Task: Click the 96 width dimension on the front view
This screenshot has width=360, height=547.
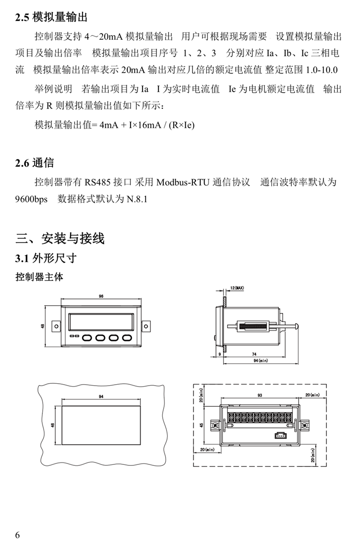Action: click(101, 296)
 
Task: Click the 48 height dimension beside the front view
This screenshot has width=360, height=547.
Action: click(43, 326)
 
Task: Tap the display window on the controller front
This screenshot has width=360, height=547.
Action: click(101, 322)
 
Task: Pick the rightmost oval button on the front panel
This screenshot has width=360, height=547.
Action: click(127, 338)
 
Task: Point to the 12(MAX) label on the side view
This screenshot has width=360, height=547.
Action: click(237, 288)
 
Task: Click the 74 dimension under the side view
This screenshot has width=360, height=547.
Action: click(254, 354)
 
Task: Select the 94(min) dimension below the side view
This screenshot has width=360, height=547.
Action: click(261, 360)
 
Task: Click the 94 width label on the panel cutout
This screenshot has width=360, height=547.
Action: click(101, 397)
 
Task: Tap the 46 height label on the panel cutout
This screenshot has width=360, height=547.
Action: click(53, 425)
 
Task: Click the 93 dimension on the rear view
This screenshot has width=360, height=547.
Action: click(260, 395)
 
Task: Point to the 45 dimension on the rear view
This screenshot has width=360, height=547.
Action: click(201, 425)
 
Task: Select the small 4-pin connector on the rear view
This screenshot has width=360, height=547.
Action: click(279, 435)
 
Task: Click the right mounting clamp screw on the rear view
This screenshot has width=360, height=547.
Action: click(304, 425)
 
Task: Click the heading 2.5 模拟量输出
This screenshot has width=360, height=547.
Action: click(51, 17)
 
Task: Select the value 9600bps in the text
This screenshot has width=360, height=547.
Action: click(31, 199)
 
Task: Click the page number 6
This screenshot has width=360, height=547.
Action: click(18, 535)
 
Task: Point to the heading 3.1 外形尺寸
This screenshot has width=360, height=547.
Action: click(46, 258)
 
